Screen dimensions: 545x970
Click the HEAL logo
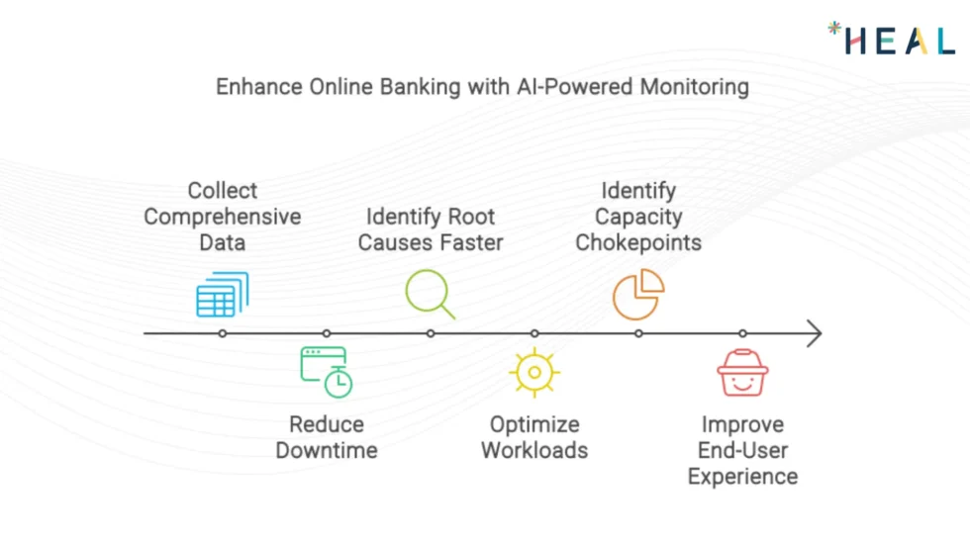(x=892, y=40)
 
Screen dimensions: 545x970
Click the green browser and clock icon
(x=327, y=372)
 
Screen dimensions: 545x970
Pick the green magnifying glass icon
(x=431, y=294)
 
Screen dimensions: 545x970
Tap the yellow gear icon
(x=534, y=373)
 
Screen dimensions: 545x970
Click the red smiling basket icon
(x=742, y=373)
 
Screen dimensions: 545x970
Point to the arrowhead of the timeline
(x=814, y=333)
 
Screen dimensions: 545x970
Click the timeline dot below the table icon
(x=223, y=333)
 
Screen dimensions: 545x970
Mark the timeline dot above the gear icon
(x=534, y=333)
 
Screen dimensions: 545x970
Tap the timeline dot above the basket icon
(x=742, y=333)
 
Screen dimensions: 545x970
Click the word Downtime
(x=327, y=451)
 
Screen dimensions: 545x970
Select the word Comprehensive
(x=223, y=217)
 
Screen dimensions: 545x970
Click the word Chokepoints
(x=638, y=242)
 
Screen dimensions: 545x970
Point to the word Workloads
(x=534, y=451)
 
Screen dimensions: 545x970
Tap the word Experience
(x=742, y=477)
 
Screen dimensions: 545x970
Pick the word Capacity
(x=638, y=217)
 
